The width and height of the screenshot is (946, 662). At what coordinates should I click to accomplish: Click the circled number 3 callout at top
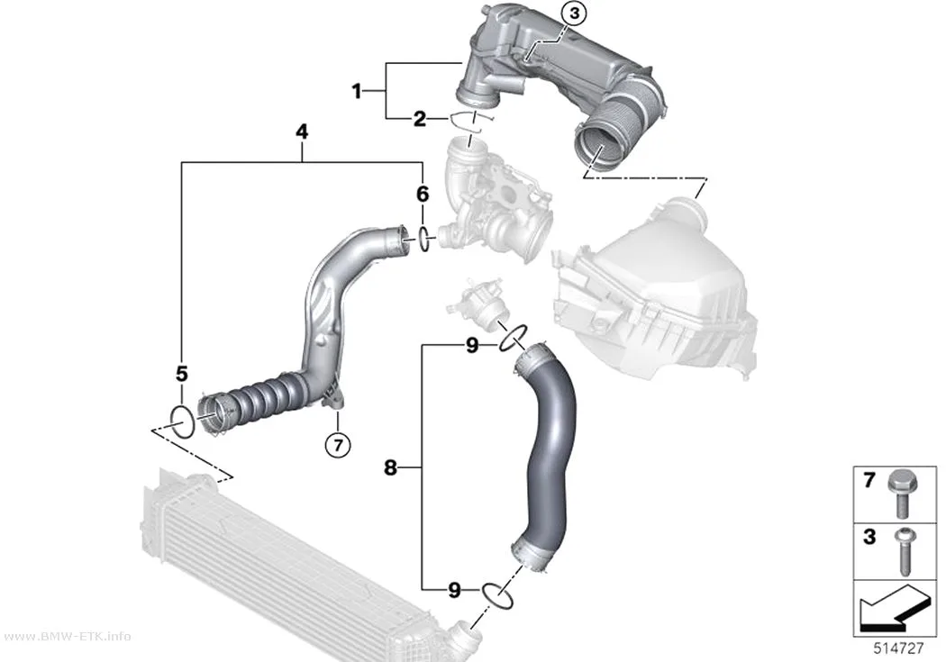tap(574, 14)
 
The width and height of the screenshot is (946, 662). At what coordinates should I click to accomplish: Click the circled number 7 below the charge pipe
tap(337, 446)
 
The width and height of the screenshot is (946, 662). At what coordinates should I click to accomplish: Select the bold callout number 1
tap(357, 92)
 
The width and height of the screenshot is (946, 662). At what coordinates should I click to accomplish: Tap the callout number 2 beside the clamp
tap(419, 120)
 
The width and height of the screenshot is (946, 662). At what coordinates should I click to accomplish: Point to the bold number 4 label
tap(302, 131)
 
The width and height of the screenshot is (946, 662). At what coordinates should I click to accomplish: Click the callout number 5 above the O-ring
tap(182, 374)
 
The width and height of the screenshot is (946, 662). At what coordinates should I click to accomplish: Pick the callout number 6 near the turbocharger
tap(423, 194)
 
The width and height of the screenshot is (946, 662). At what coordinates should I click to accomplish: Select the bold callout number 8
tap(390, 467)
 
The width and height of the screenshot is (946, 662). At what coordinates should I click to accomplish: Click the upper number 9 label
tap(472, 346)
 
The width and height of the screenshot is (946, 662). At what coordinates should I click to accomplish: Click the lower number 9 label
tap(454, 590)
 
